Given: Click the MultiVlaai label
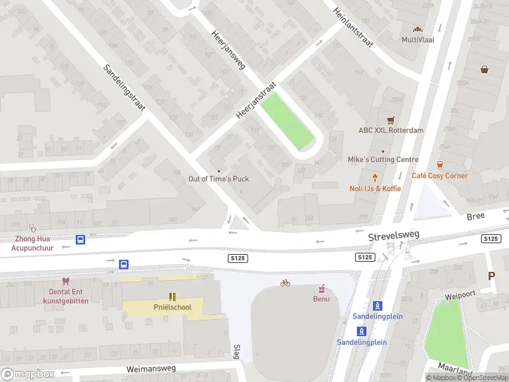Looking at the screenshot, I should tap(417, 39).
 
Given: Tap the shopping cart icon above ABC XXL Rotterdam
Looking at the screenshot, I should tap(391, 120).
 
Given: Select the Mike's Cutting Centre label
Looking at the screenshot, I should tap(382, 159).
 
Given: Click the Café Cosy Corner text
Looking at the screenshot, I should tap(439, 176).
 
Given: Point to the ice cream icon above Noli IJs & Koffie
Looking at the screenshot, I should tap(375, 178).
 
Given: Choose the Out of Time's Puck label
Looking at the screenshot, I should tap(218, 179).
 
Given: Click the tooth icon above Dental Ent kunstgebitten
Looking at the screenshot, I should tap(65, 281).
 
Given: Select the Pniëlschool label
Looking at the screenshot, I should tap(172, 308).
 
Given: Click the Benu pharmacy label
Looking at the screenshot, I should tap(321, 299).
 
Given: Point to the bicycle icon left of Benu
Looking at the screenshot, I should tap(285, 283).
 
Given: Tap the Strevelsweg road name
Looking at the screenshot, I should tap(393, 236).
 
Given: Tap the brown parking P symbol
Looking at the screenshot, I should tap(491, 276).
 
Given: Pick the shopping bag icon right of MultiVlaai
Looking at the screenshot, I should tap(485, 69).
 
